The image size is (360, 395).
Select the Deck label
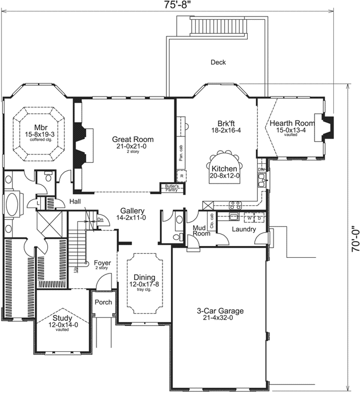point(218,62)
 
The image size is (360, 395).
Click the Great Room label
point(133,139)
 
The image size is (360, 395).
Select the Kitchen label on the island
point(225,169)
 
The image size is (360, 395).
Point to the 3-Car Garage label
point(218,311)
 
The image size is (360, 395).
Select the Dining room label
point(144,277)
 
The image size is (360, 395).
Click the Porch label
point(103,302)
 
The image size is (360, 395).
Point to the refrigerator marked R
point(182,176)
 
